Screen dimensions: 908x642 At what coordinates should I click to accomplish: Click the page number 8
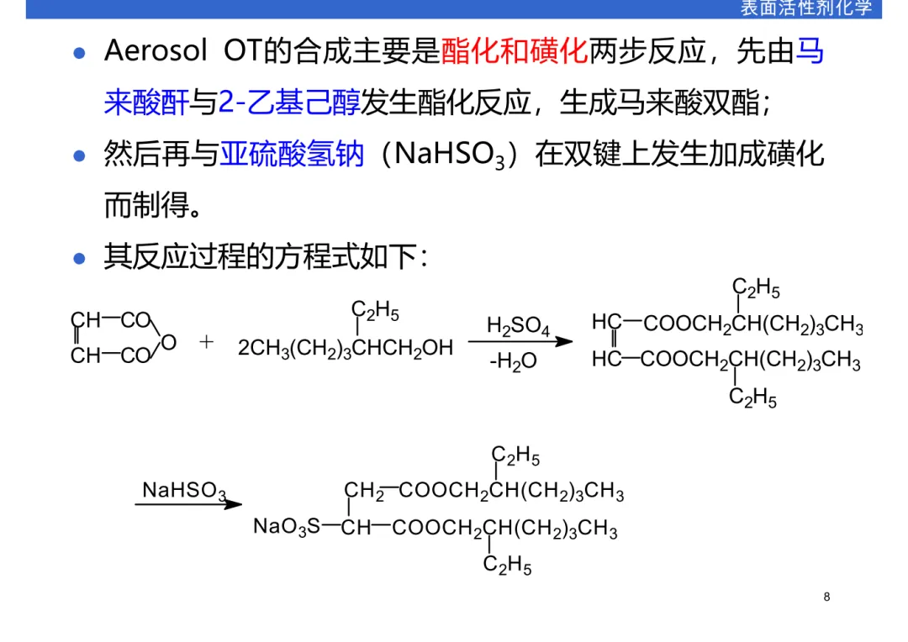tap(826, 597)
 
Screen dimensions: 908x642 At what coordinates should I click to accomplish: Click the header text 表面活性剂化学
tap(805, 8)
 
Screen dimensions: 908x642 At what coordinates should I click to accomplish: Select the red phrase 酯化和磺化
tap(514, 52)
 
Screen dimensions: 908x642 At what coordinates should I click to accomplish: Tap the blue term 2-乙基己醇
tap(288, 103)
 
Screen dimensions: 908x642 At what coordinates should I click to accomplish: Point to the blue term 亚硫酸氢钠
tap(292, 155)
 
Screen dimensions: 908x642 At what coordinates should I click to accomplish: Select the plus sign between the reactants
tap(207, 341)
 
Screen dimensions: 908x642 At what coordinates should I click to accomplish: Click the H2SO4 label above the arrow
tap(518, 326)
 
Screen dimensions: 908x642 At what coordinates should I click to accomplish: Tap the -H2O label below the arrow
tap(513, 363)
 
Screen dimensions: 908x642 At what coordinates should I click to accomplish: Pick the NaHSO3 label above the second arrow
tap(184, 491)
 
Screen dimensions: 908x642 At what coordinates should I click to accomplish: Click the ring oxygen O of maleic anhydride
tap(168, 342)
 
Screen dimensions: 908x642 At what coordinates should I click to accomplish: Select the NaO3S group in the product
tap(287, 528)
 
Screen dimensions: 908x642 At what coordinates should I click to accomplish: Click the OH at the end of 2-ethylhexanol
tap(438, 347)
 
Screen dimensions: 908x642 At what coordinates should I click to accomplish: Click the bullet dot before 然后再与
tap(80, 155)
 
